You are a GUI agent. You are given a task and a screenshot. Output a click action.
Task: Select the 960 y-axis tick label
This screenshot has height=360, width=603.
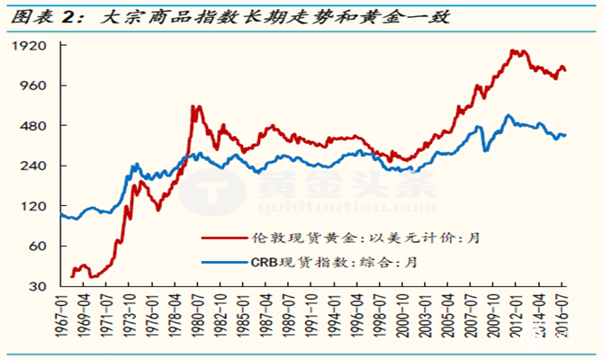coord(33,86)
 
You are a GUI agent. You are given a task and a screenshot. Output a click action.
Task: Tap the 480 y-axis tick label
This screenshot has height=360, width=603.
coord(33,127)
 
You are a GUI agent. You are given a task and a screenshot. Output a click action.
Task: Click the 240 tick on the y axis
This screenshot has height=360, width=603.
coord(33,166)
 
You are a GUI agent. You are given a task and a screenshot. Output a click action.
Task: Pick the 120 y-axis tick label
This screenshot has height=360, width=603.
coord(33,207)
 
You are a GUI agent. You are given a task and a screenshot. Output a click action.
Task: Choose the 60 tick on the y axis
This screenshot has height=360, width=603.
coord(37,247)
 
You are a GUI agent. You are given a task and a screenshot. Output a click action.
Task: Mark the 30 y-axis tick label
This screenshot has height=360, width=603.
coord(37,287)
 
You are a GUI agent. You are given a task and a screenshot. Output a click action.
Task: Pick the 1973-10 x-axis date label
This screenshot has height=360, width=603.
coord(133,318)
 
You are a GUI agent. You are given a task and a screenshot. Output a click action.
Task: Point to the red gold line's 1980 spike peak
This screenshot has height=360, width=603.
coord(194,107)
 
